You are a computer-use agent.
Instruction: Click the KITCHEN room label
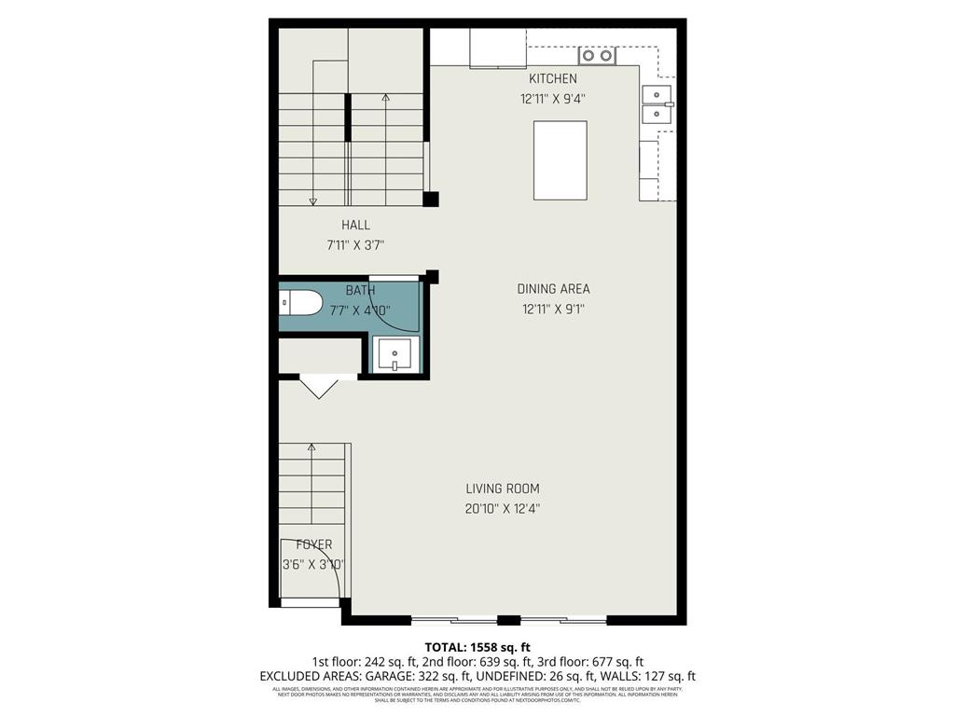coord(553,79)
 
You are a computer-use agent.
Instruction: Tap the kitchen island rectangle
coord(560,160)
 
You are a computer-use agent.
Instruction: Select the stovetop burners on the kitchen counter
coord(597,56)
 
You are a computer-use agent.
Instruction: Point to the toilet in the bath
coord(300,302)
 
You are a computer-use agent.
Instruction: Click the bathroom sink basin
coord(396,354)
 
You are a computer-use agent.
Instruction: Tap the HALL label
coord(355,225)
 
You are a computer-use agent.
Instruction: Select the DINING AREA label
coord(554,289)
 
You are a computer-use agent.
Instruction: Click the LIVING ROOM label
coord(503,489)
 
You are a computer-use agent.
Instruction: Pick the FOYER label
coord(313,544)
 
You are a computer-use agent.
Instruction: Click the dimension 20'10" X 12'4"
coord(503,509)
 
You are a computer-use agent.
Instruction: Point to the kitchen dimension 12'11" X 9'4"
coord(553,99)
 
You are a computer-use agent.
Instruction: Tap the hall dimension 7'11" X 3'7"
coord(355,245)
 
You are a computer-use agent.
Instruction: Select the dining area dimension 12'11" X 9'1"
coord(554,310)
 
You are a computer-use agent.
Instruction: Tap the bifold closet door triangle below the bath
coord(318,386)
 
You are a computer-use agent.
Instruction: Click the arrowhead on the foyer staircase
coord(311,448)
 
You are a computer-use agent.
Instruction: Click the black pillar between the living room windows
coord(508,620)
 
